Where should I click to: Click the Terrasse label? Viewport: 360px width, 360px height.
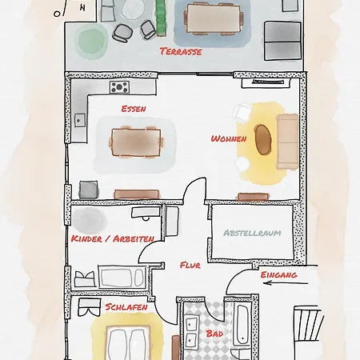point(180,52)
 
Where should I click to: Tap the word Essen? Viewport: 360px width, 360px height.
point(134,109)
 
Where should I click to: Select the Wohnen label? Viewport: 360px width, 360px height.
point(228,138)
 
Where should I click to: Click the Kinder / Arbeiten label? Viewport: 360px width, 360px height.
point(111,238)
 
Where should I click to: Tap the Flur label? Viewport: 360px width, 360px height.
point(190,265)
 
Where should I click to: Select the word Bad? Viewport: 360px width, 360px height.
point(214,333)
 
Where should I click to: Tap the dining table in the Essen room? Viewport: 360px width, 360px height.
point(136,143)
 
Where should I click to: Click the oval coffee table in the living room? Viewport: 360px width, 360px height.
point(263,140)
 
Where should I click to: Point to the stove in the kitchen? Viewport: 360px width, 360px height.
point(120,86)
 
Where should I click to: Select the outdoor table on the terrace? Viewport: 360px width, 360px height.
point(206,18)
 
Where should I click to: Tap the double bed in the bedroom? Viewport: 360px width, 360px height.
point(128,344)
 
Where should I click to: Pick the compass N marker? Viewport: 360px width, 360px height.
point(80,7)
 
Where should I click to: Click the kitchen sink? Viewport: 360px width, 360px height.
point(80,120)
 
